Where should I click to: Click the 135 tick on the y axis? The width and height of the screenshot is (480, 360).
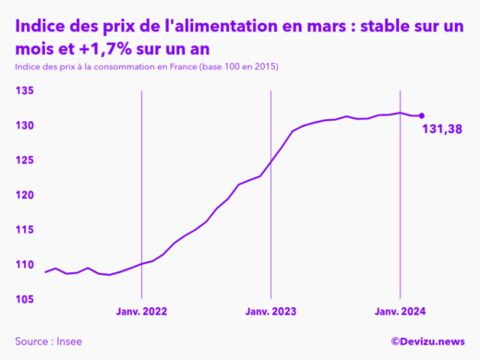25,90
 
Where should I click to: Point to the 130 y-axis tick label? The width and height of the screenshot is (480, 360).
25,126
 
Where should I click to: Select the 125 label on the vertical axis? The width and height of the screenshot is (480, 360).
25,161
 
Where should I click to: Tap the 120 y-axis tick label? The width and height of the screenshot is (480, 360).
25,196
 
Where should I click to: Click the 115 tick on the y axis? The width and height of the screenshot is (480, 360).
25,230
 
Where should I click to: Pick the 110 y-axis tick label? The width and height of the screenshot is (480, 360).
25,265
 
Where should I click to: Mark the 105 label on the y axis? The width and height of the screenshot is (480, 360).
25,300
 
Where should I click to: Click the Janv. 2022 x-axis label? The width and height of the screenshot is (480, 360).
141,313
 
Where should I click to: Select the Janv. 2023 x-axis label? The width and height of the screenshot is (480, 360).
270,313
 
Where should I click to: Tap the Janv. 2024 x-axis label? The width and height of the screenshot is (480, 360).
399,313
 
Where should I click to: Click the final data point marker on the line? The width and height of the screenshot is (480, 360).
422,116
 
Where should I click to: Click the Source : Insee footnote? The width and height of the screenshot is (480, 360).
48,342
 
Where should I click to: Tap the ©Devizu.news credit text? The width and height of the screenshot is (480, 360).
427,342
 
